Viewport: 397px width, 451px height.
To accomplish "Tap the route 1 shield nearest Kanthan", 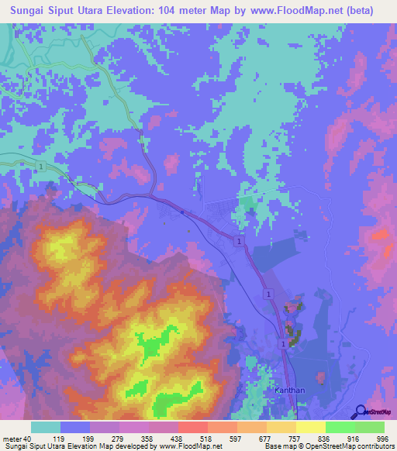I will [284, 342].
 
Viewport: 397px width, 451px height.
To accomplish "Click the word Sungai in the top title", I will [32, 11].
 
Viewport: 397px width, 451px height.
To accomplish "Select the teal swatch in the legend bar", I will [46, 427].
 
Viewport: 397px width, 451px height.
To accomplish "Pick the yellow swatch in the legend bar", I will [310, 427].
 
